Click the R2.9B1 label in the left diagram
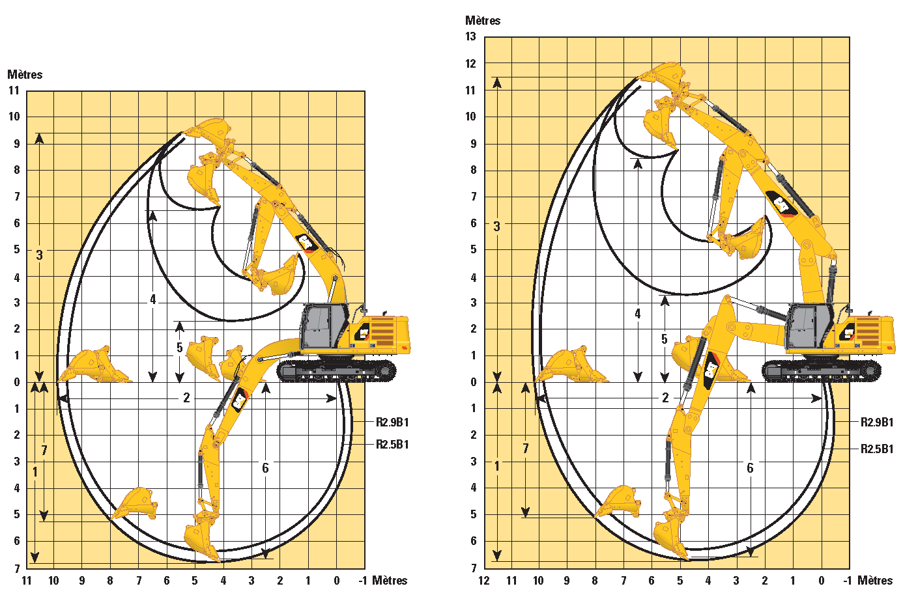click(392, 422)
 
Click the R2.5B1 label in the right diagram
click(877, 449)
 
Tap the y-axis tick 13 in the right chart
click(470, 36)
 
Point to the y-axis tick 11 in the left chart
click(14, 90)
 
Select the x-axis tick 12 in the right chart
click(483, 581)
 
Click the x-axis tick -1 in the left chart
click(363, 581)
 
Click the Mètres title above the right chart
click(483, 21)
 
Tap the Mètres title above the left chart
click(25, 74)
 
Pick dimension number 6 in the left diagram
click(265, 468)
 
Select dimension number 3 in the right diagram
click(497, 227)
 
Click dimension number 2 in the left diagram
click(186, 398)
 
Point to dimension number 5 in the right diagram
click(665, 339)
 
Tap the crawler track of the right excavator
click(821, 370)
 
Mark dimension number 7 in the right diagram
click(525, 449)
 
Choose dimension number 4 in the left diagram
click(153, 299)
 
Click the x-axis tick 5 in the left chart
click(195, 581)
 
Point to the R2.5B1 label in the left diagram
click(392, 444)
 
